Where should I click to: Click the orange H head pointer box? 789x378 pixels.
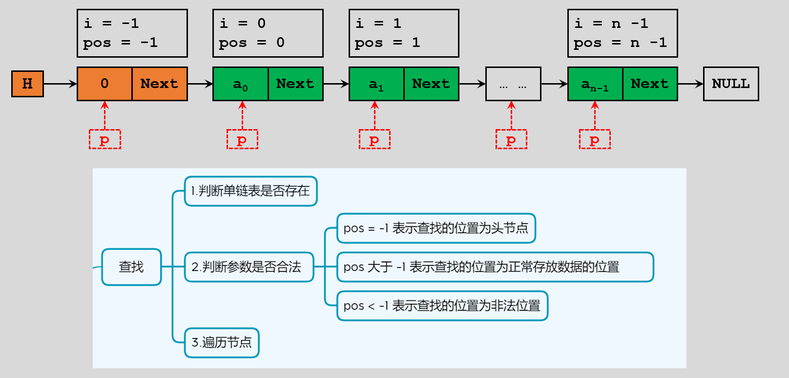click(27, 84)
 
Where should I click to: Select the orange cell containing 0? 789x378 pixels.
click(104, 84)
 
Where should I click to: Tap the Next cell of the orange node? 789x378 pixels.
click(160, 84)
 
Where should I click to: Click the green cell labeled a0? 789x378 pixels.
click(240, 84)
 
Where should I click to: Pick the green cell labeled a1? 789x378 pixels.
click(376, 84)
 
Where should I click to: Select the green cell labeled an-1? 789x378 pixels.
click(595, 84)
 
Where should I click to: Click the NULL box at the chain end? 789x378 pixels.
click(731, 84)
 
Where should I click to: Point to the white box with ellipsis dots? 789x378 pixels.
click(513, 84)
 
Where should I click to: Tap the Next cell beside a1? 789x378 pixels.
click(431, 84)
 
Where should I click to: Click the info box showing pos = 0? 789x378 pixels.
click(268, 33)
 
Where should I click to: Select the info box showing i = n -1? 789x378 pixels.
click(623, 33)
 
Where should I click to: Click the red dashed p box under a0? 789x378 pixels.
click(242, 139)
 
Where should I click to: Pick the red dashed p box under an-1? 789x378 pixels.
click(595, 139)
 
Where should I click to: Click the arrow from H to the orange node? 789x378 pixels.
click(60, 84)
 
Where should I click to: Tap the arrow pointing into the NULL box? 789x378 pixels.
click(690, 84)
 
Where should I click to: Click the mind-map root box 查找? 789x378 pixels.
click(131, 267)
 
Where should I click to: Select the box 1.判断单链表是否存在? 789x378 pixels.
click(250, 191)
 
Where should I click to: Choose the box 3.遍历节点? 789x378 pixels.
click(222, 342)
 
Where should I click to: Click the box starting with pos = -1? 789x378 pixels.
click(436, 228)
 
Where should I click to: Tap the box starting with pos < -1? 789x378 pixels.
click(442, 306)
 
